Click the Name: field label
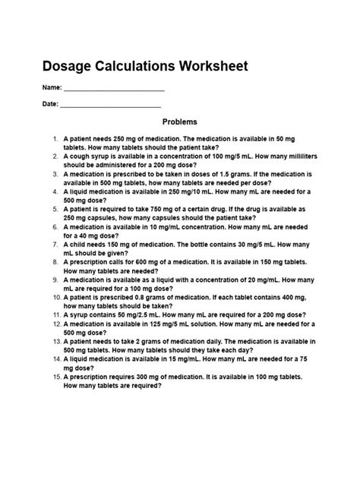[x=63, y=88]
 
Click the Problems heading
[x=180, y=122]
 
